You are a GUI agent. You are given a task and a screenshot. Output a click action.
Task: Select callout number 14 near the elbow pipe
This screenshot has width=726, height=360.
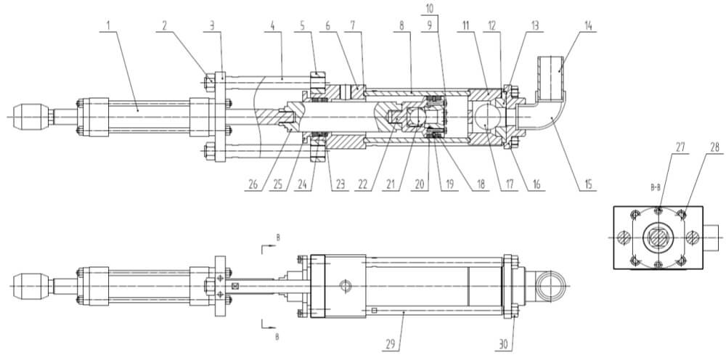tap(588, 25)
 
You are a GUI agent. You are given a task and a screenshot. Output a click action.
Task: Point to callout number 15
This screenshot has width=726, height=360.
tap(587, 184)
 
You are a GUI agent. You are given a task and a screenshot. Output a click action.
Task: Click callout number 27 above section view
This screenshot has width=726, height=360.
tap(680, 147)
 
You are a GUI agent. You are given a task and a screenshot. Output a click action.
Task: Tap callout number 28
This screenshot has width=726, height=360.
tap(716, 147)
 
